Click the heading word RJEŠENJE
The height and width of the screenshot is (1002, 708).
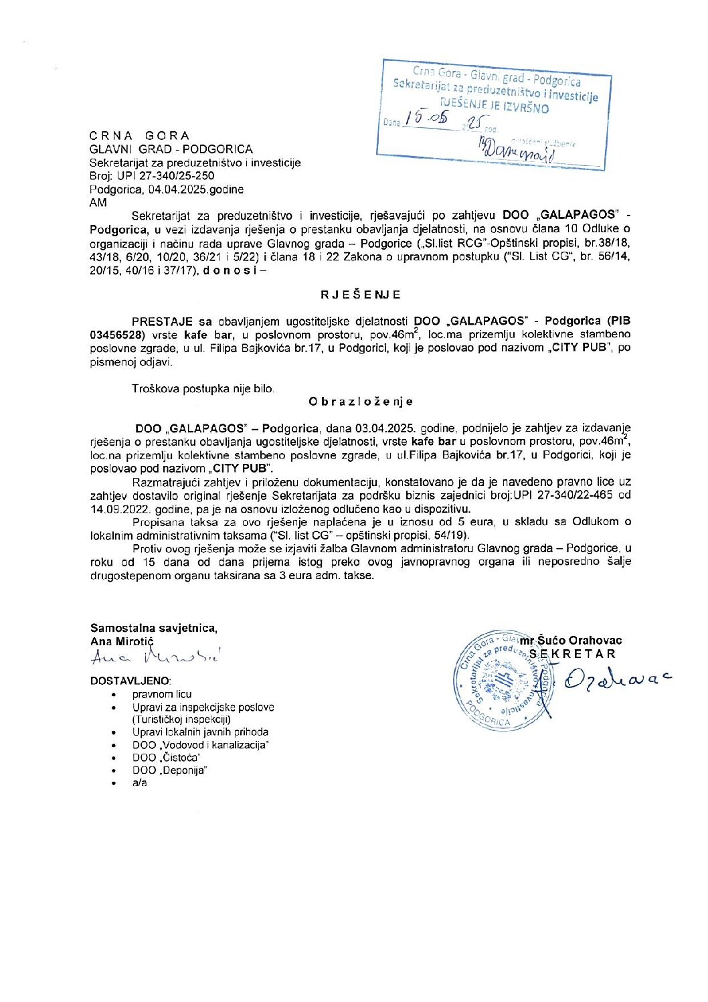coord(360,295)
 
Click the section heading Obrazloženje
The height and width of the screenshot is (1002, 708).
coord(360,402)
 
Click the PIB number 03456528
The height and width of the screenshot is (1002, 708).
coord(114,335)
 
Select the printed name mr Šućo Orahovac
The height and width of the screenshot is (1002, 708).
coord(570,641)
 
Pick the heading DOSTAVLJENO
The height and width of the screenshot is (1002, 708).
coord(130,680)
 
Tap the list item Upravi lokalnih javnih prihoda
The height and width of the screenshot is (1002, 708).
coord(200,732)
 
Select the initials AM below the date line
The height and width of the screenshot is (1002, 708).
coord(98,202)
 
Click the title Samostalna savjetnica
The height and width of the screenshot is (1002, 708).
coord(154,628)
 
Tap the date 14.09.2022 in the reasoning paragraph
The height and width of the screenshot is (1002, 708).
coord(116,509)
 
